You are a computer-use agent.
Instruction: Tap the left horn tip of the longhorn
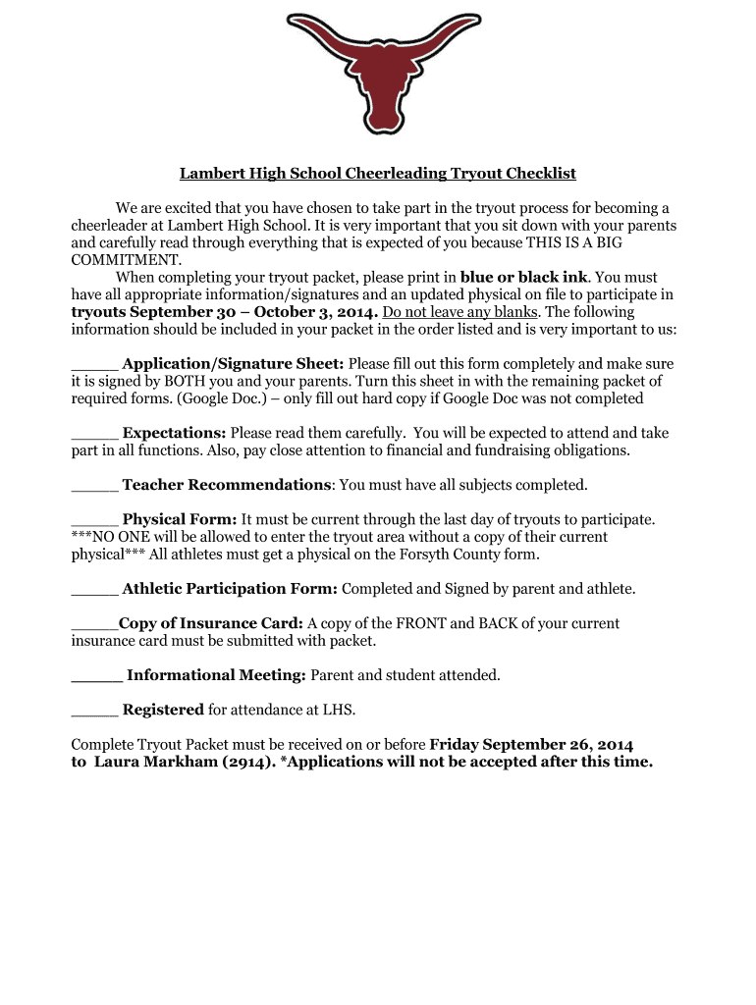pyautogui.click(x=292, y=19)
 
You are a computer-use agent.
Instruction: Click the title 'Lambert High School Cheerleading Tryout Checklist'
pyautogui.click(x=377, y=174)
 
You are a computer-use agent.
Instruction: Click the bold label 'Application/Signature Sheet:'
pyautogui.click(x=233, y=363)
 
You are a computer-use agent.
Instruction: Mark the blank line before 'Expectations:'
pyautogui.click(x=94, y=433)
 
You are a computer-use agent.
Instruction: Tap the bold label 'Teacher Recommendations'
pyautogui.click(x=226, y=485)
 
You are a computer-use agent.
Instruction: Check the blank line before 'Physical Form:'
pyautogui.click(x=94, y=519)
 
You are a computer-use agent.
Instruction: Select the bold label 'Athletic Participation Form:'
pyautogui.click(x=230, y=589)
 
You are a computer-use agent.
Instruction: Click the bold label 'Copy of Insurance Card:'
pyautogui.click(x=211, y=623)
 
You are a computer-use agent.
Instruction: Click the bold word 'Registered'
pyautogui.click(x=163, y=710)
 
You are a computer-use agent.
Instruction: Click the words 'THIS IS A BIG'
pyautogui.click(x=623, y=242)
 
